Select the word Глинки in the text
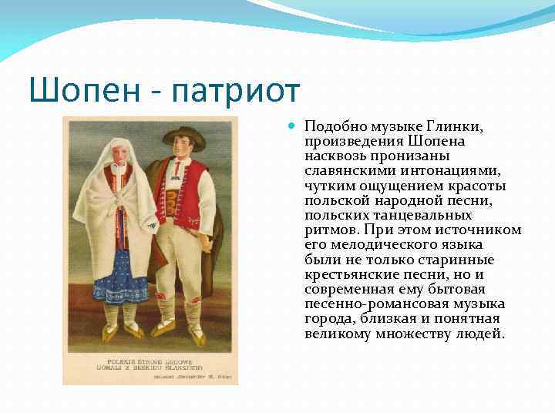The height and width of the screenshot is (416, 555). pyautogui.click(x=462, y=126)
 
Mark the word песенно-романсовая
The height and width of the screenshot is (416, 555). pyautogui.click(x=366, y=304)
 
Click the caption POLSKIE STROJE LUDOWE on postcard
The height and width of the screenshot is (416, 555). pyautogui.click(x=151, y=361)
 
